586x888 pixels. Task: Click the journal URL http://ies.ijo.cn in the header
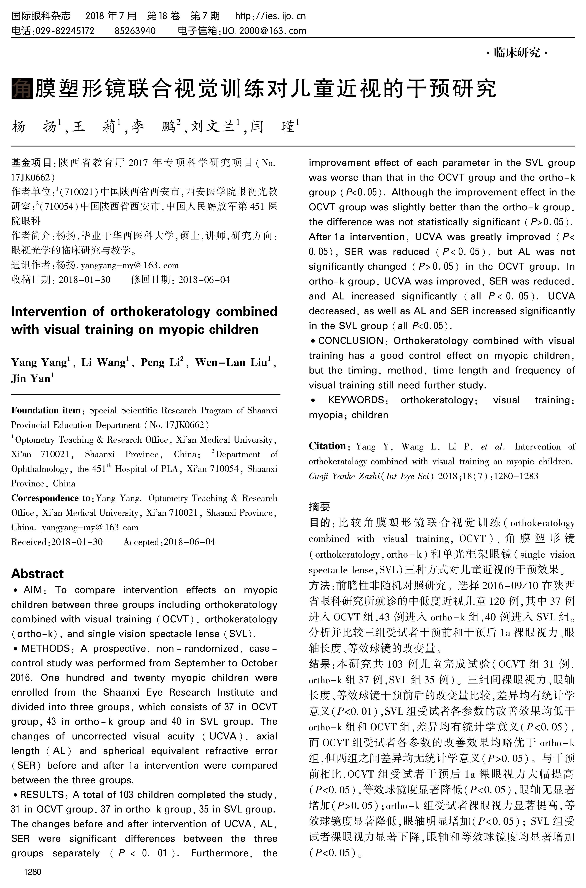(270, 16)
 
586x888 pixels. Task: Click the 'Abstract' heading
(37, 574)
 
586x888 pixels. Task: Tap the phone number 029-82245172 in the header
(64, 31)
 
